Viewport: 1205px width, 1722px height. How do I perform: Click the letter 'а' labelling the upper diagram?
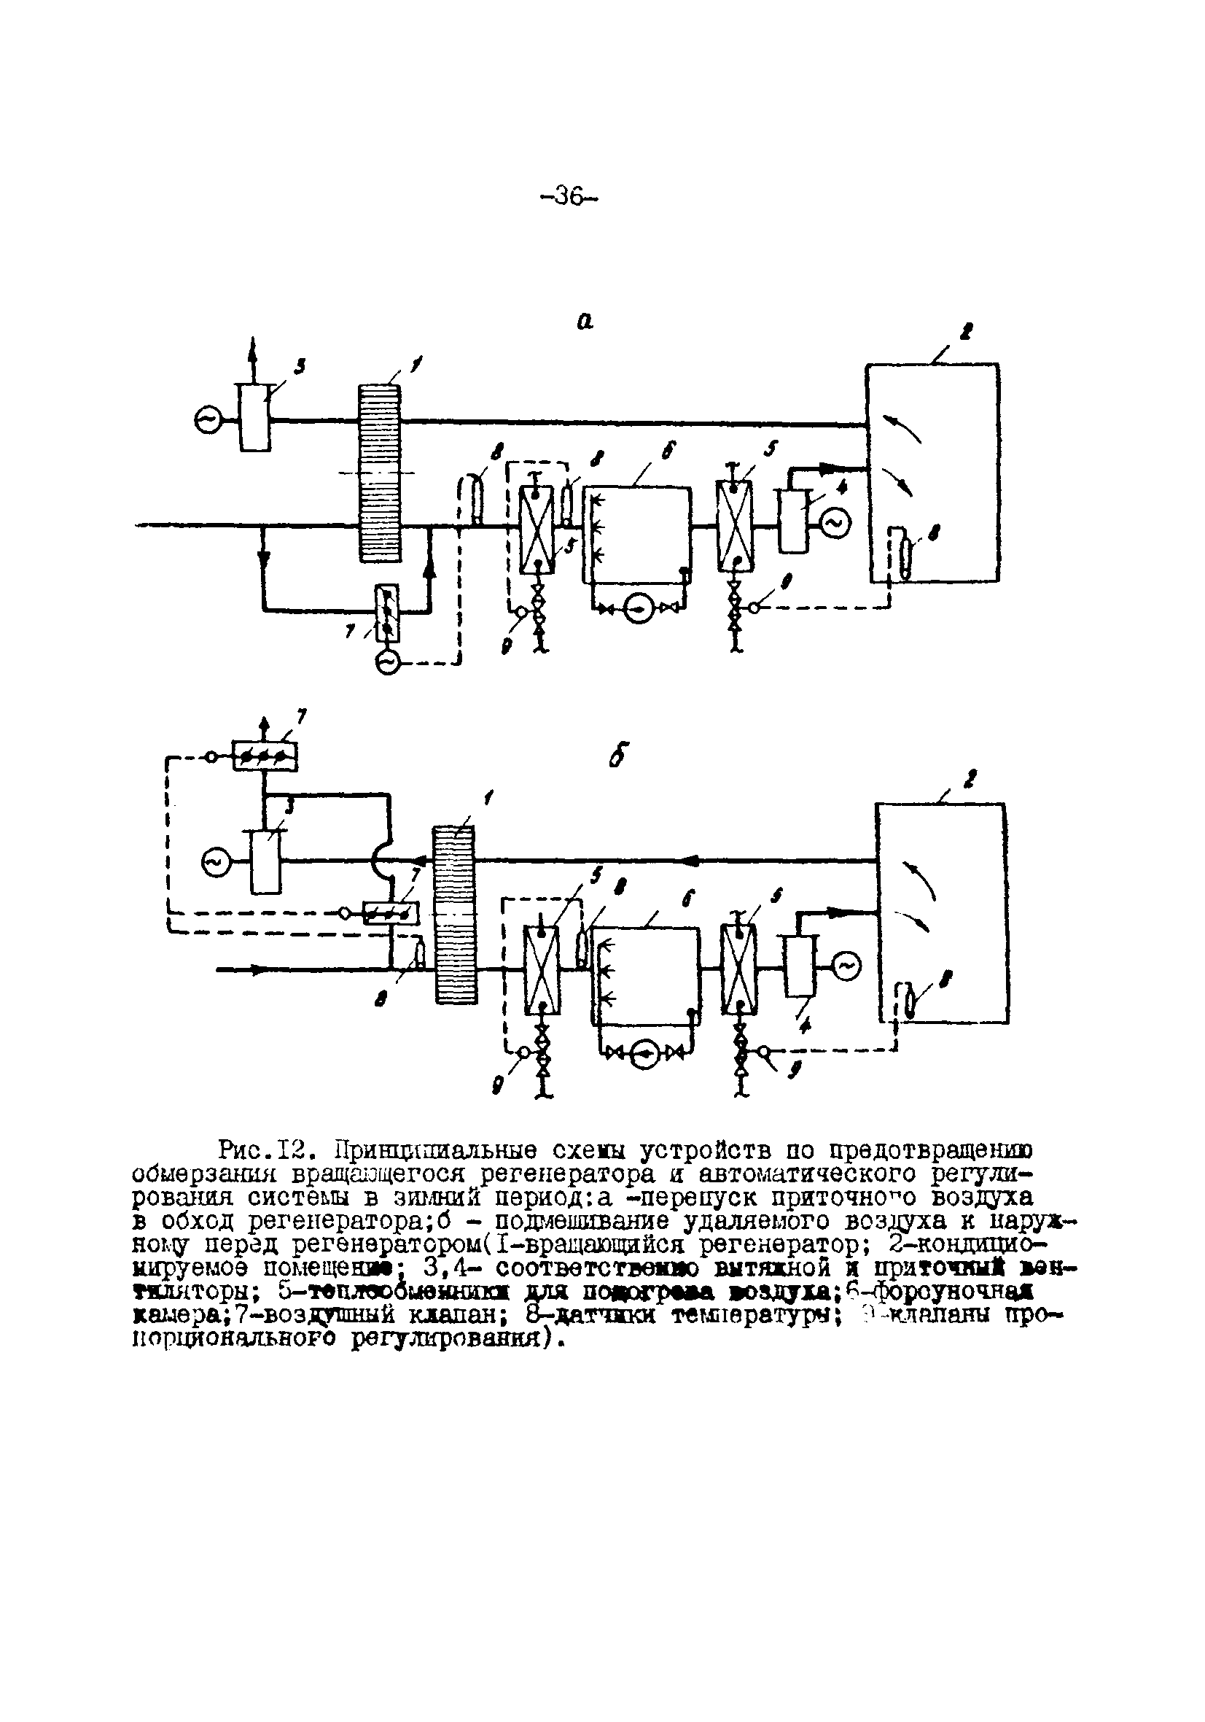(584, 321)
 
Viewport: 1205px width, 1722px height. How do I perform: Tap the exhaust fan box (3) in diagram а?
(254, 417)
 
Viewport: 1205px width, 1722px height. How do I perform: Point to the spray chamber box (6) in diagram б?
(646, 976)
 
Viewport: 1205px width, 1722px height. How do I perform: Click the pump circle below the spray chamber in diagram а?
(637, 610)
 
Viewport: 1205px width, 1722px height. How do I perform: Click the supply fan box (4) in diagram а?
(793, 521)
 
